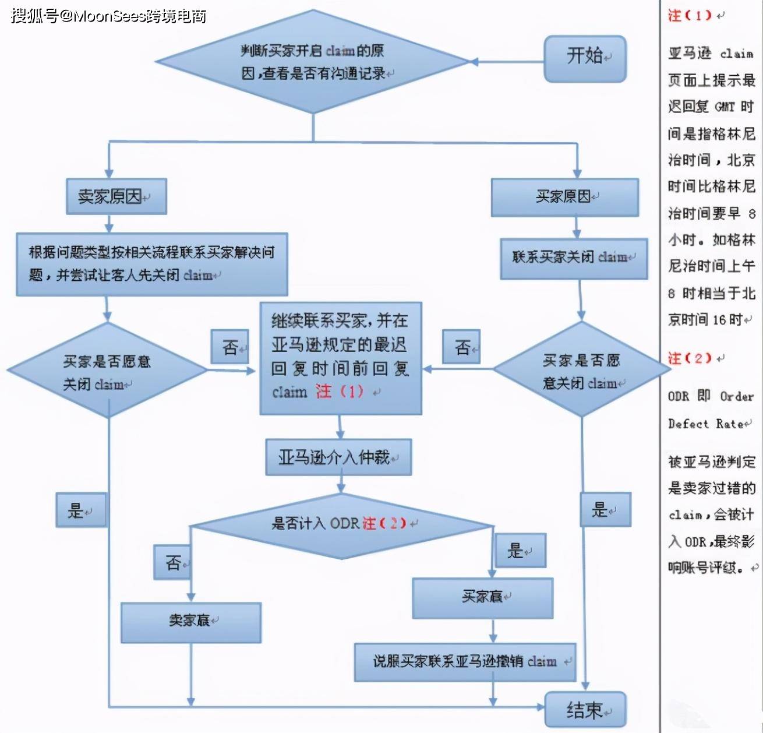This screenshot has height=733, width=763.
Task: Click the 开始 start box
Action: (585, 59)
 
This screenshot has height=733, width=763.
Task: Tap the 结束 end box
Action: (585, 710)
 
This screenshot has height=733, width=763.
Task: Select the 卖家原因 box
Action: (116, 196)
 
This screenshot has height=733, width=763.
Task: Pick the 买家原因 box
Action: (565, 198)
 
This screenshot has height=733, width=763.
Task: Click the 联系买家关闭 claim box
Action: (574, 259)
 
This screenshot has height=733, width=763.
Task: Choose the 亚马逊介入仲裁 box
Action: (339, 457)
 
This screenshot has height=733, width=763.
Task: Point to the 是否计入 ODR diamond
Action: (342, 526)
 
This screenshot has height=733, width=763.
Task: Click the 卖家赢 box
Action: (191, 623)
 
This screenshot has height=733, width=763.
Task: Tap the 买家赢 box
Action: (483, 598)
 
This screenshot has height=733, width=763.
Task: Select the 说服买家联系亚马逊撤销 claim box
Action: (465, 662)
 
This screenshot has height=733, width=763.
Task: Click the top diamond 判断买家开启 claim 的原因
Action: (313, 62)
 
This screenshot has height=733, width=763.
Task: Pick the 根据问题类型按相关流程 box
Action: (152, 265)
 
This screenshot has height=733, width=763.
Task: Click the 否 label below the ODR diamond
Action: (172, 562)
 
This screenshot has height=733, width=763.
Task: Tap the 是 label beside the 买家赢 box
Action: (521, 550)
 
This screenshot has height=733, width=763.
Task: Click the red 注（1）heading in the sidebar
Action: (689, 16)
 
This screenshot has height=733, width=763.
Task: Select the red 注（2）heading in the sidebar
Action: (689, 358)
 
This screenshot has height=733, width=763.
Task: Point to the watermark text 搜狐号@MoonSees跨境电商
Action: (108, 16)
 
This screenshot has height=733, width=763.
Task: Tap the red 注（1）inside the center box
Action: (339, 392)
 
